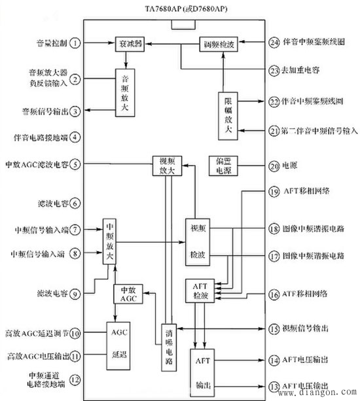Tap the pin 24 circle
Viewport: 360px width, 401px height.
coord(274,43)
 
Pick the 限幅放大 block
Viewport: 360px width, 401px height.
coord(226,117)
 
